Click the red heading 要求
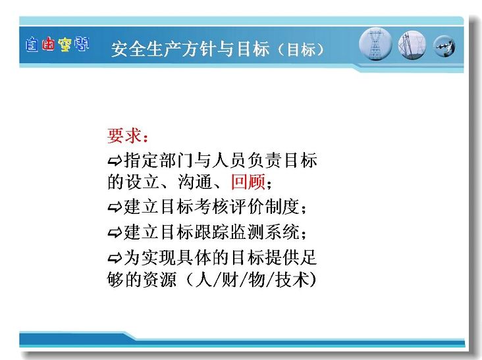pos(124,136)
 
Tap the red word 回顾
pos(248,182)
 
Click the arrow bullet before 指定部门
pos(115,161)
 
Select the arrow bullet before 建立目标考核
pos(115,207)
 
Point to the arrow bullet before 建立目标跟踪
pos(115,232)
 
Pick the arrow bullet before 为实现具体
pos(115,258)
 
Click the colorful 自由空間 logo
pos(57,45)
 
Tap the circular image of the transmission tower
pos(375,44)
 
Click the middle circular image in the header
pos(412,45)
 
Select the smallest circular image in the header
pos(444,47)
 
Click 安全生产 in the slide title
pos(146,49)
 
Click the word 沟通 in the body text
pos(195,182)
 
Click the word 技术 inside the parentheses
pos(292,279)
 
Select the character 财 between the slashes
pos(230,279)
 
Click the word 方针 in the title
pos(199,49)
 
